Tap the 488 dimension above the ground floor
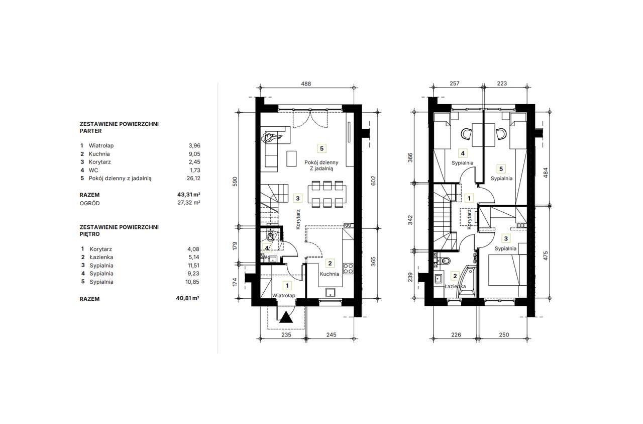[x=306, y=83]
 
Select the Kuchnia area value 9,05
[x=194, y=154]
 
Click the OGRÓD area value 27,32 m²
[x=188, y=202]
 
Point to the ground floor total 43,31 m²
[x=188, y=195]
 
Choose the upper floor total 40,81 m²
[x=188, y=298]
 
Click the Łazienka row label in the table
[x=101, y=257]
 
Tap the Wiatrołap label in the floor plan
[x=284, y=295]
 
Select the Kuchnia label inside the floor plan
[x=329, y=274]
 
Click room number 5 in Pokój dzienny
[x=322, y=148]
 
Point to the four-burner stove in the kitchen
[x=348, y=269]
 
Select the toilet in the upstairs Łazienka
[x=445, y=261]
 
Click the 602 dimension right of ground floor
[x=373, y=181]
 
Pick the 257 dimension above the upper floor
[x=455, y=83]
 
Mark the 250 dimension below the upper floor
[x=504, y=334]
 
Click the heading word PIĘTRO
[x=89, y=234]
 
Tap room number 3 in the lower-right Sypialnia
[x=506, y=238]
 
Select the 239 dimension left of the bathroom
[x=410, y=277]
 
